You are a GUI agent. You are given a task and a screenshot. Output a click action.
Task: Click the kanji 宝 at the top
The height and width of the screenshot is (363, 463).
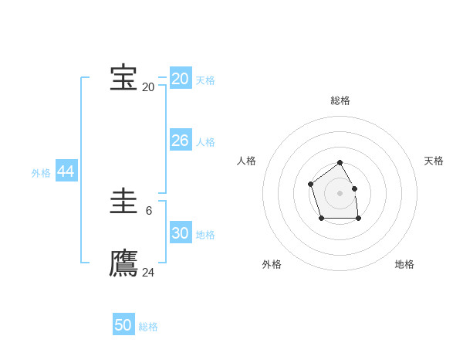click(x=123, y=78)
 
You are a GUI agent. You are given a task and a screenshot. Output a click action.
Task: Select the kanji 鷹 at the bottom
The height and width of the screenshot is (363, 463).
click(x=123, y=263)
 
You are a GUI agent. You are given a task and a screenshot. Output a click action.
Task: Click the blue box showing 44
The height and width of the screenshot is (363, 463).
click(x=66, y=172)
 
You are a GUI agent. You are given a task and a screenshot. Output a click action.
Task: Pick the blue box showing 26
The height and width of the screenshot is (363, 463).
click(x=180, y=141)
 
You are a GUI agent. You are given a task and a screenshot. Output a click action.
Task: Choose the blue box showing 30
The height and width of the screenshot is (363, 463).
click(x=180, y=233)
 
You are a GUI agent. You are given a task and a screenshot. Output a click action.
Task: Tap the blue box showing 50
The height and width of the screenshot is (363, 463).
click(x=123, y=325)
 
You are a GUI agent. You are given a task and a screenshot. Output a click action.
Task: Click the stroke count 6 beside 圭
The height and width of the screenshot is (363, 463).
click(x=149, y=211)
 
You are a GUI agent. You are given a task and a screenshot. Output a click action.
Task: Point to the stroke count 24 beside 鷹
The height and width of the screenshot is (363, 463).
click(x=148, y=273)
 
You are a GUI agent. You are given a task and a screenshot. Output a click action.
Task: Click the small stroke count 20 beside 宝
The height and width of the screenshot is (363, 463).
click(x=148, y=87)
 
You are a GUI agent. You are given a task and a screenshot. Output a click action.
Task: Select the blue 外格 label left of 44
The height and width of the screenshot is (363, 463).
click(x=41, y=174)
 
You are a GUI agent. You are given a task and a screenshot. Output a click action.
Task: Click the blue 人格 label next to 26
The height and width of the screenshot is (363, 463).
click(x=205, y=142)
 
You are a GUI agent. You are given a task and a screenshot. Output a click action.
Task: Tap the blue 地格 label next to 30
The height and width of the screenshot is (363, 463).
click(x=205, y=235)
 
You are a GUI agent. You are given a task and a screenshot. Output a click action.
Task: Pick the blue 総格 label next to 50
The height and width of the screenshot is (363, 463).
click(x=148, y=327)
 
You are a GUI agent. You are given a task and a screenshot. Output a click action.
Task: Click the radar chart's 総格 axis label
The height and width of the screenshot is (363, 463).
click(x=340, y=100)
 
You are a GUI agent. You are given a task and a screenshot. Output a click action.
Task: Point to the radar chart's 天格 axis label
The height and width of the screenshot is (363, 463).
click(x=434, y=161)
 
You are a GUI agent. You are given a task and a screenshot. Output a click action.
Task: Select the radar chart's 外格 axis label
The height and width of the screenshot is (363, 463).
click(x=272, y=264)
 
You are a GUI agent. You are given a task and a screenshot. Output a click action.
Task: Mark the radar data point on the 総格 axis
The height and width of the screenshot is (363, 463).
click(x=340, y=163)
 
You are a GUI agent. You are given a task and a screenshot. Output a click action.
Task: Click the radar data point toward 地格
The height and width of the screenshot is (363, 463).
click(x=359, y=219)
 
